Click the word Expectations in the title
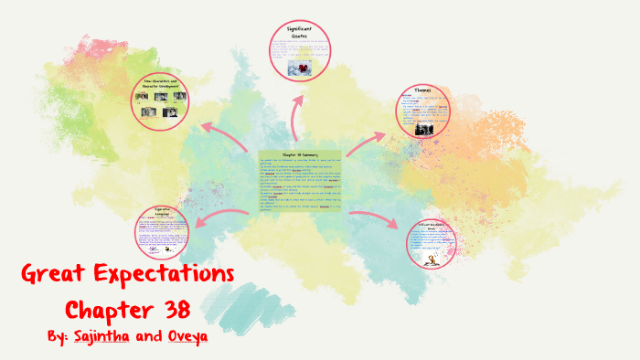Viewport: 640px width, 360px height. [x=168, y=274]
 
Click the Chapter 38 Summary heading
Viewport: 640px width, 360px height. [x=300, y=155]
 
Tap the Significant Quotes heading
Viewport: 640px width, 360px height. [x=299, y=34]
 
